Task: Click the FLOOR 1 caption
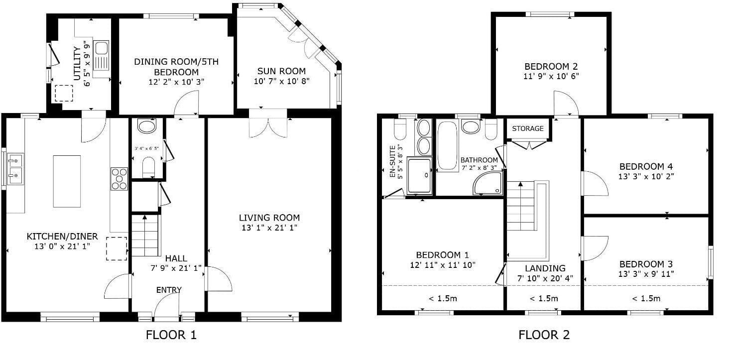171,335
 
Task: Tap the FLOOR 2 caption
544,335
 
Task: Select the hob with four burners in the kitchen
120,179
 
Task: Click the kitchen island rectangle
67,181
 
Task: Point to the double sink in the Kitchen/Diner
15,169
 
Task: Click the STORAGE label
528,128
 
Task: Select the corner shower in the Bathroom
488,183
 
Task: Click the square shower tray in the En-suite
419,176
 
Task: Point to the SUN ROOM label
281,71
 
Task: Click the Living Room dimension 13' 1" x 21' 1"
269,228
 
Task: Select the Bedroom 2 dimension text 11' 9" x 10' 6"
551,76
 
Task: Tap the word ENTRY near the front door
169,290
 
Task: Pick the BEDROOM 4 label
646,167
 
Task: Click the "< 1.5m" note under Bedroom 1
443,298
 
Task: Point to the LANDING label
545,268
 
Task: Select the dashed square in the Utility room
64,93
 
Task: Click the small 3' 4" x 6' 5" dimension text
147,148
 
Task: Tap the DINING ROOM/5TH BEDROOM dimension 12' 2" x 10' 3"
176,82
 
